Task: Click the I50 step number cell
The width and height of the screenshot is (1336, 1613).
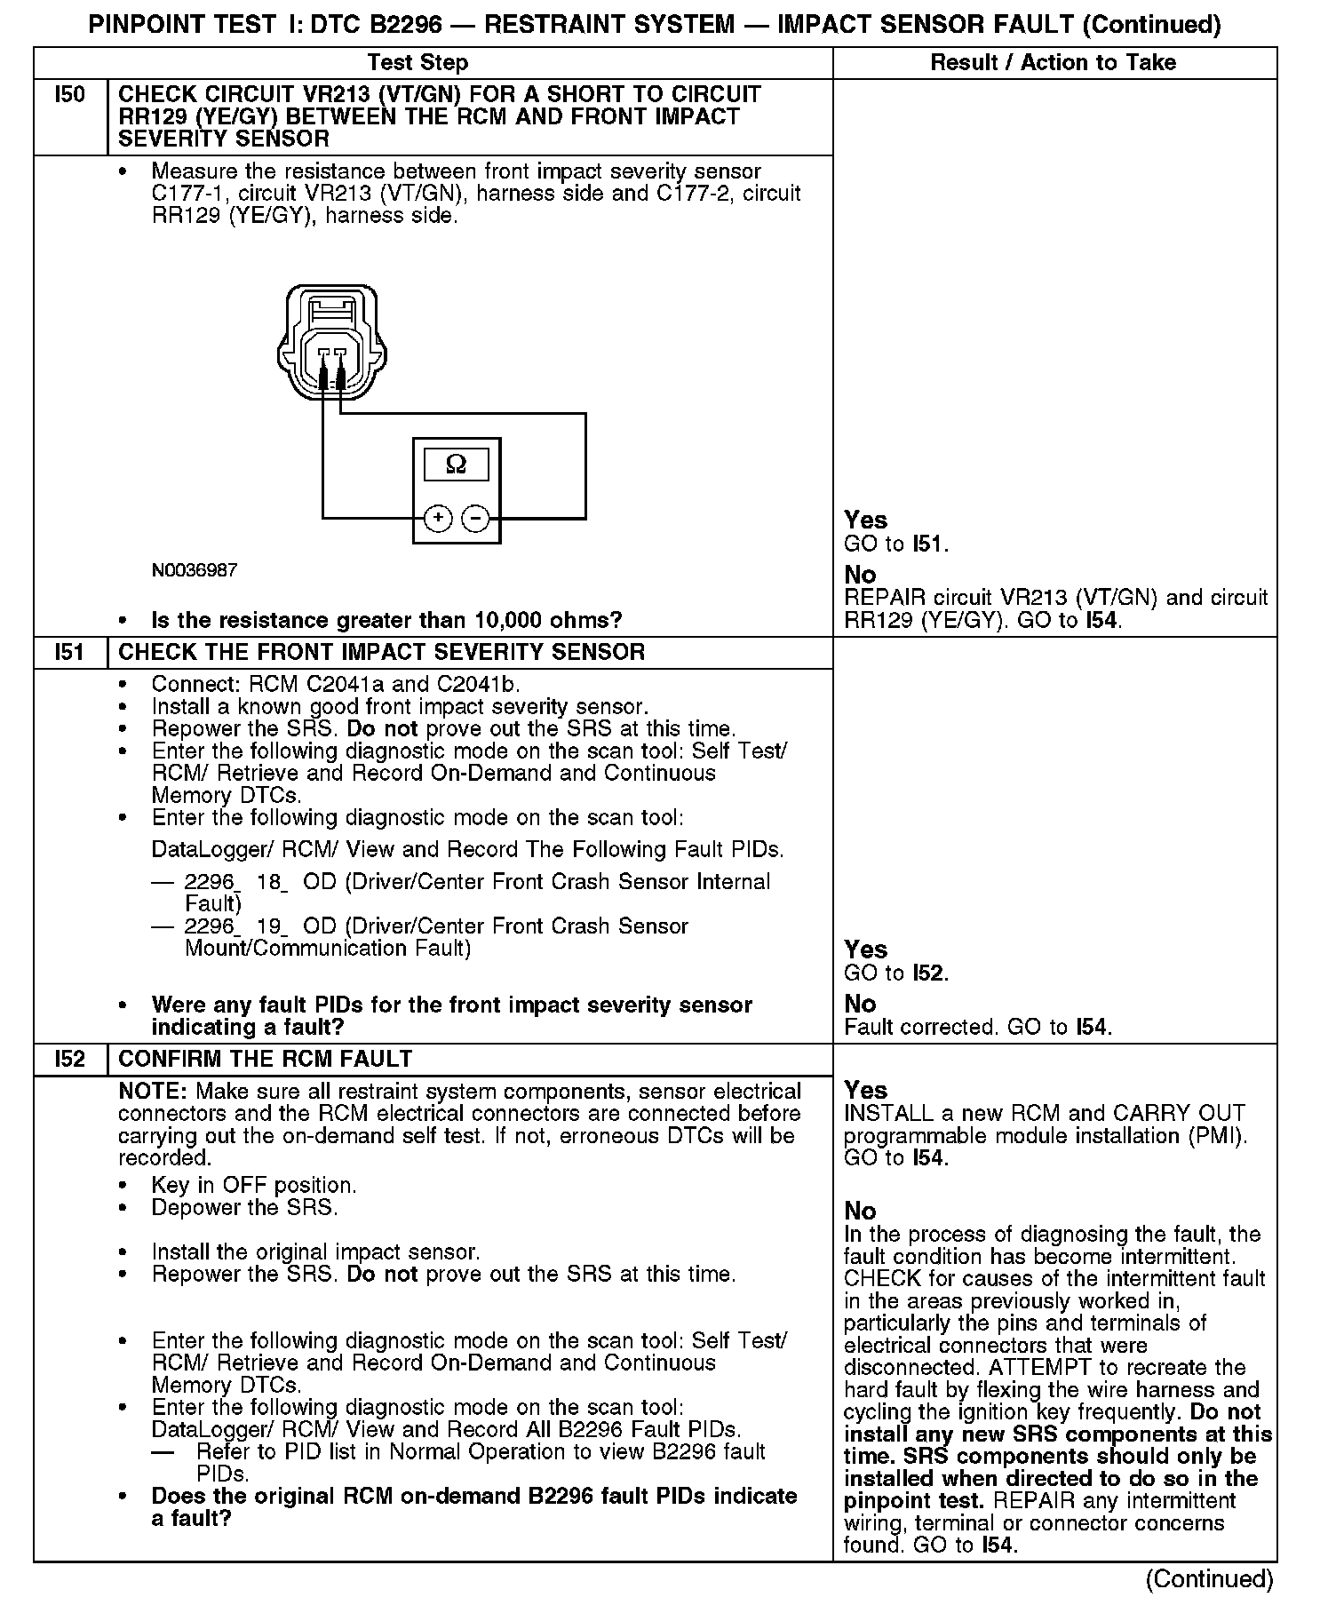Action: [x=69, y=95]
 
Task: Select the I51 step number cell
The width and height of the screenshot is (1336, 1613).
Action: [x=69, y=652]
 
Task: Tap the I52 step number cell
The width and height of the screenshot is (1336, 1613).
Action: [x=69, y=1059]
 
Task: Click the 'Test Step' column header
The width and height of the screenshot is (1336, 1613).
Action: [x=417, y=62]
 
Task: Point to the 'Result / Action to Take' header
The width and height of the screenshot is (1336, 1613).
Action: [x=1053, y=62]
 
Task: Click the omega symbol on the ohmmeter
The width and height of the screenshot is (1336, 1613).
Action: [x=456, y=464]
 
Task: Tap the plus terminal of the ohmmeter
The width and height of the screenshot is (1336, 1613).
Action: [x=437, y=518]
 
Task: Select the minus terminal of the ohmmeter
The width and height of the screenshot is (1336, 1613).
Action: [x=476, y=518]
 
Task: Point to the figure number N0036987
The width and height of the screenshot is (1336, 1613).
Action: [x=195, y=569]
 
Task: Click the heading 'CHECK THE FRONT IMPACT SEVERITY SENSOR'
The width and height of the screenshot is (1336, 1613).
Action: [x=381, y=652]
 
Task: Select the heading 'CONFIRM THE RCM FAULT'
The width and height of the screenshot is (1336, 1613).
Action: [x=265, y=1059]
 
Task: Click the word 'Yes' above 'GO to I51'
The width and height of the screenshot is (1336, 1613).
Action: [x=865, y=520]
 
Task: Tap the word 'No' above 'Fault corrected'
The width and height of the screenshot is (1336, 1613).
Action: [x=860, y=1004]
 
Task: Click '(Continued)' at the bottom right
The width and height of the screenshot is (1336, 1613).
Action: [x=1209, y=1578]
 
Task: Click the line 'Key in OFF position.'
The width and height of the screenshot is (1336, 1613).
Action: [x=254, y=1185]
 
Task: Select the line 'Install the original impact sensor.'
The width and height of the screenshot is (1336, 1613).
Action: [x=315, y=1251]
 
